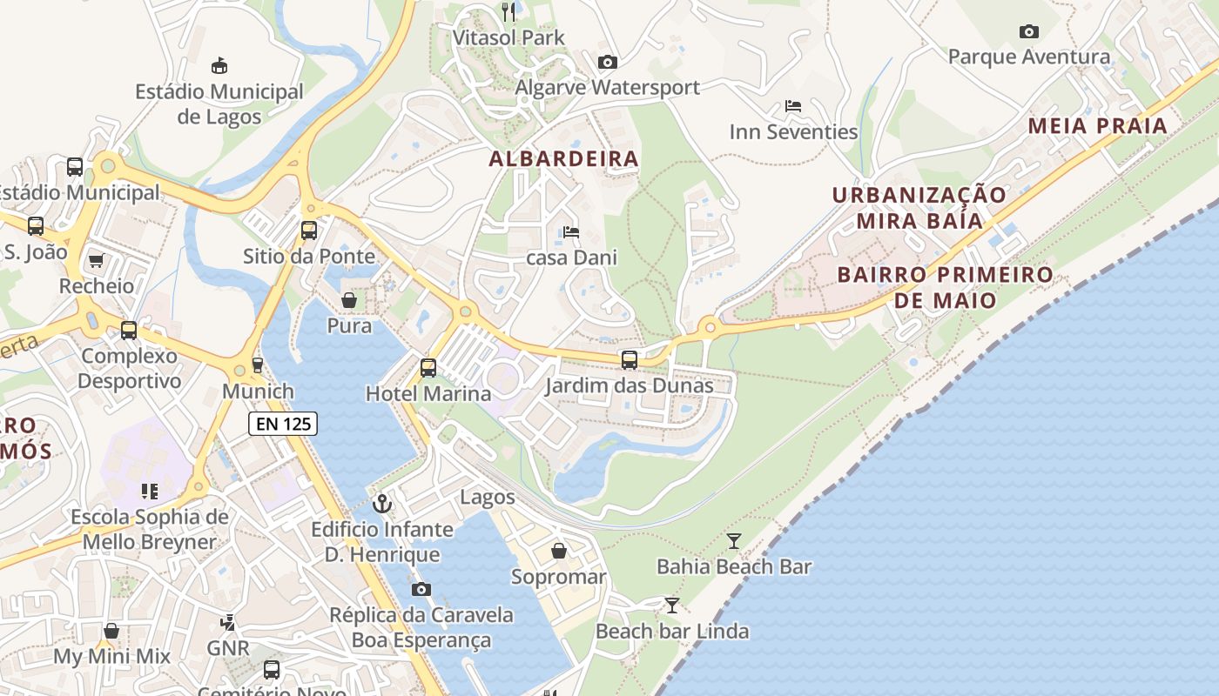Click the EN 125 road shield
click(283, 424)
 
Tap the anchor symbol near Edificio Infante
click(381, 503)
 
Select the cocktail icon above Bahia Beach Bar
click(734, 541)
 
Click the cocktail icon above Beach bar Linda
click(672, 605)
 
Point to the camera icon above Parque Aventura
click(1029, 32)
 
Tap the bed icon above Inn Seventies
click(793, 106)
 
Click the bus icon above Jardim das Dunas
click(629, 359)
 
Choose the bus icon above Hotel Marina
click(428, 367)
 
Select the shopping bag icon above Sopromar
click(559, 551)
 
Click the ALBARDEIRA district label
click(564, 159)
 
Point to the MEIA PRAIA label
click(1097, 125)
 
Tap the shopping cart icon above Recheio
click(97, 260)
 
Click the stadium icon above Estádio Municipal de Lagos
click(219, 65)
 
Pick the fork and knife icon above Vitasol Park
click(509, 11)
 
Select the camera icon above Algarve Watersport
click(608, 62)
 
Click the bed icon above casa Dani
click(571, 232)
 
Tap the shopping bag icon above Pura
click(349, 300)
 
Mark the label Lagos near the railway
click(488, 498)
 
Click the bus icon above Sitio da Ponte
click(309, 231)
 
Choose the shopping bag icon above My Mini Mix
click(111, 631)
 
